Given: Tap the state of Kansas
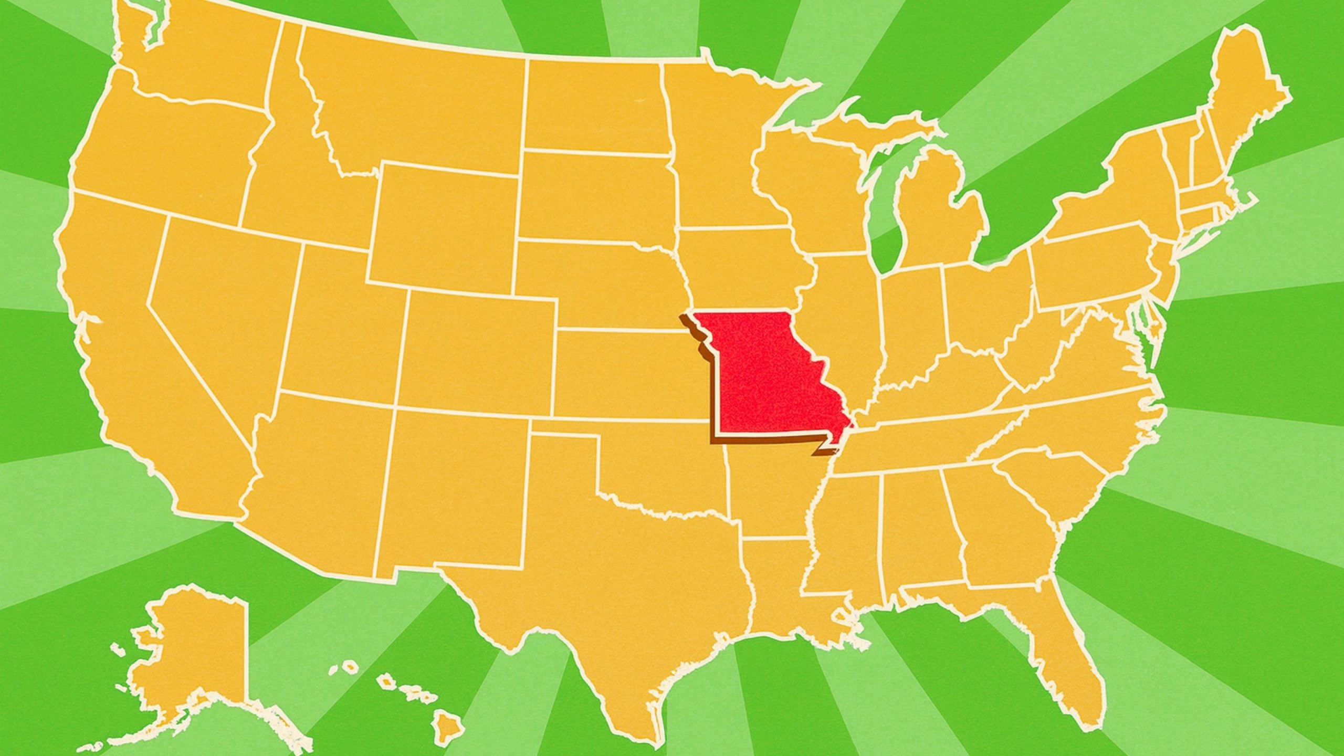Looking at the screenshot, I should [625, 373].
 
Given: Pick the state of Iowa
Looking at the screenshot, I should [740, 268].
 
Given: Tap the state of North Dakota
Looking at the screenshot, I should [593, 110].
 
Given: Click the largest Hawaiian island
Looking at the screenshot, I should [449, 727].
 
